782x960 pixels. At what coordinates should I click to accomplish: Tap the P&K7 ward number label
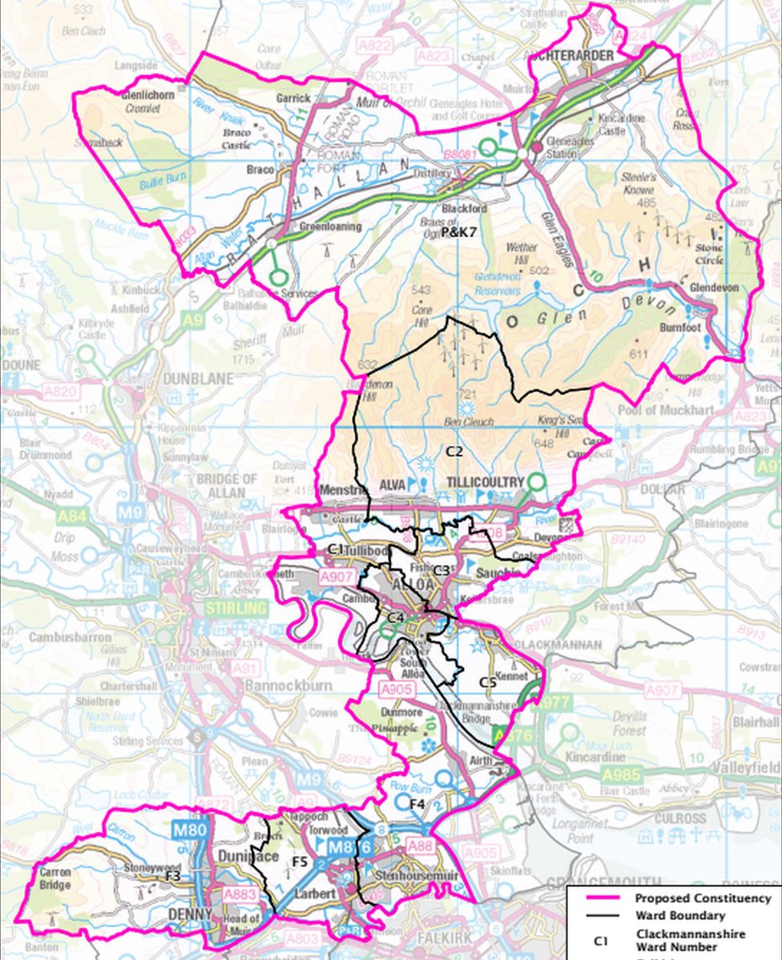[459, 231]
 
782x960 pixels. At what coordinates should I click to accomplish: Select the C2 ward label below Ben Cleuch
[454, 451]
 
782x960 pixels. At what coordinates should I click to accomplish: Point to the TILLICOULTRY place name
[484, 484]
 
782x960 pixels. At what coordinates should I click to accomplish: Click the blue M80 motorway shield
[191, 829]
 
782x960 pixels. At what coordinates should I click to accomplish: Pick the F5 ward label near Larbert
[300, 862]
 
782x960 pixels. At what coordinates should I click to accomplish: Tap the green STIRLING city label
[235, 609]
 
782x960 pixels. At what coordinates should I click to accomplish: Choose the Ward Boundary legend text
[680, 915]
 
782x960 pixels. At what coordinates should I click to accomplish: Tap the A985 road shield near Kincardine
[622, 774]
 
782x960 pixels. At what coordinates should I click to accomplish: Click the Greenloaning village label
[330, 227]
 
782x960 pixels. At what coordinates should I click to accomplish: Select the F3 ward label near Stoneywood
[171, 876]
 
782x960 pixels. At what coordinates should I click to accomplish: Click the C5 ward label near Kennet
[487, 681]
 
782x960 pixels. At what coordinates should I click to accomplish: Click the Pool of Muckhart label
[660, 410]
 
